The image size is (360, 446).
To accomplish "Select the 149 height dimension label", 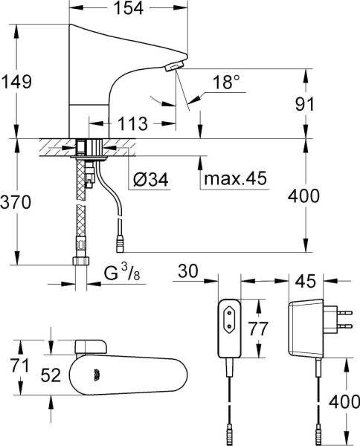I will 17,82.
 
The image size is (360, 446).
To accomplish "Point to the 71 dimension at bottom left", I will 17,366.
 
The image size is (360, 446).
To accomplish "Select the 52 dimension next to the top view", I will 50,376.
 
